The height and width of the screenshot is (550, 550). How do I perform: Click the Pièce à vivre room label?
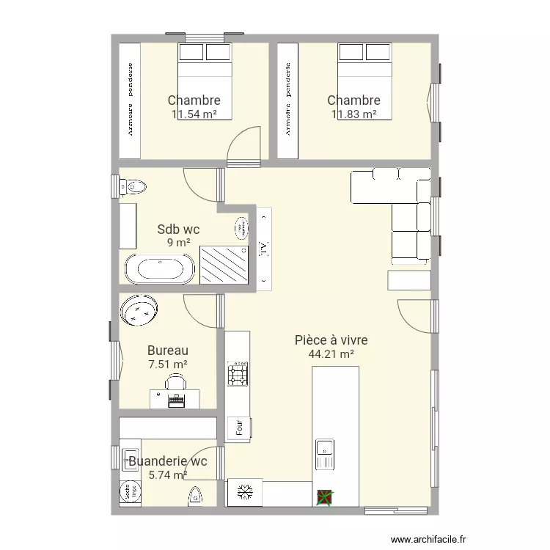331,340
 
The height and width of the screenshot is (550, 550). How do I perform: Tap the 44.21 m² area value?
331,354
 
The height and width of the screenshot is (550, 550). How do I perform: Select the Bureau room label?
168,351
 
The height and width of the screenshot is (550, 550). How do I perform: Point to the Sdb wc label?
178,230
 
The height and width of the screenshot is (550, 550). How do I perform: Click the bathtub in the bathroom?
160,269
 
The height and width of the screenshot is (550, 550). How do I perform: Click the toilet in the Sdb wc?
133,186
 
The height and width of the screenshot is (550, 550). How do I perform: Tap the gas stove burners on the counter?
238,373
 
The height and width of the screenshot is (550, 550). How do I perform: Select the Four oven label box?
238,429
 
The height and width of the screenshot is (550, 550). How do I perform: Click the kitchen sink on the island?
324,453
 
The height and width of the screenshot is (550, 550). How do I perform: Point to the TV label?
263,247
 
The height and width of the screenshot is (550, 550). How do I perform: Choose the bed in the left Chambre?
205,81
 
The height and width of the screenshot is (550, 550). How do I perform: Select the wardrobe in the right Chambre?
288,100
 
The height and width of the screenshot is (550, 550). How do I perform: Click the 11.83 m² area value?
353,114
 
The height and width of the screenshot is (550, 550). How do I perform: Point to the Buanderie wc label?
167,461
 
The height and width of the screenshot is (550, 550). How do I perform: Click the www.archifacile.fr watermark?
428,539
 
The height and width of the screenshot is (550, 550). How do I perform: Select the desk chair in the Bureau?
176,381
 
